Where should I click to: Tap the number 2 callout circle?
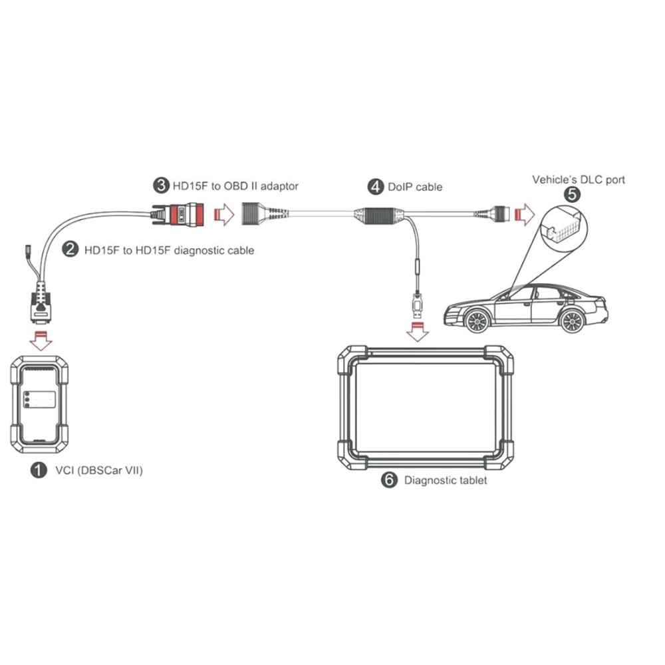(x=69, y=250)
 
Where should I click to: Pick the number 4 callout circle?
(x=376, y=187)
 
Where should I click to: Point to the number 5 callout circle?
(x=571, y=196)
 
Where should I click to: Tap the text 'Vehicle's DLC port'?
(x=579, y=179)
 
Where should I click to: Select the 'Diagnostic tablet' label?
(x=446, y=479)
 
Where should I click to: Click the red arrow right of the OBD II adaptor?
(x=223, y=214)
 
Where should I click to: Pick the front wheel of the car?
(x=474, y=321)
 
